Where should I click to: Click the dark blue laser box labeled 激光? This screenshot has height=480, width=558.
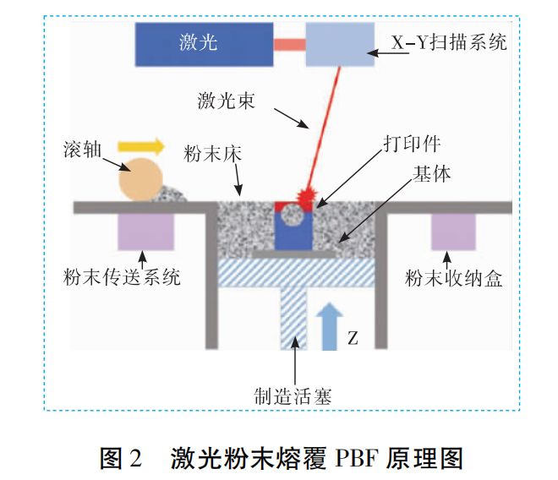tap(204, 43)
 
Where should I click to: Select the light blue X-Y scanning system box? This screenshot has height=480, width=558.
tap(338, 45)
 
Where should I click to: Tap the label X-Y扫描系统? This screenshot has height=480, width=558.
tap(449, 41)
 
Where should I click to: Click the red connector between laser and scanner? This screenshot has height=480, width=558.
tap(289, 43)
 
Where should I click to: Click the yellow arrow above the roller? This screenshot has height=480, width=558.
tap(140, 146)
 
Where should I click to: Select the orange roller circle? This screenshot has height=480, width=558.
tap(140, 178)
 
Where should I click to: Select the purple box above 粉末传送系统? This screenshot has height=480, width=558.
tap(145, 232)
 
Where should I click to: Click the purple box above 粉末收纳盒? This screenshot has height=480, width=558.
tap(453, 232)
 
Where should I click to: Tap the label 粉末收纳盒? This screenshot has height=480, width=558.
tap(453, 278)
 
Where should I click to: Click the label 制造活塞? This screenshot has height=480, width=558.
tap(295, 394)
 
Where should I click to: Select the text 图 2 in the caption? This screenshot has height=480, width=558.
tap(123, 457)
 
